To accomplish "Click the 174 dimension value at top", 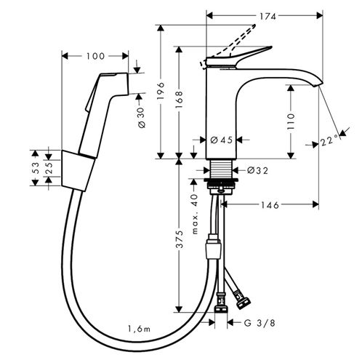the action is coord(268,17).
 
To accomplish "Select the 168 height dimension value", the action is coord(179,100).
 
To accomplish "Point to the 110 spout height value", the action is coord(291,121).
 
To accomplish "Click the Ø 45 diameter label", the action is coord(221,140).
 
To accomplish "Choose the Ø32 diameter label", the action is coord(257,171).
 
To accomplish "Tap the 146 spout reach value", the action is coord(270,205).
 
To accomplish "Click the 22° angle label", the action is coord(329,141).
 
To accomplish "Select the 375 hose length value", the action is coord(180,239).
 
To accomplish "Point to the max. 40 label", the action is coord(195,214).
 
